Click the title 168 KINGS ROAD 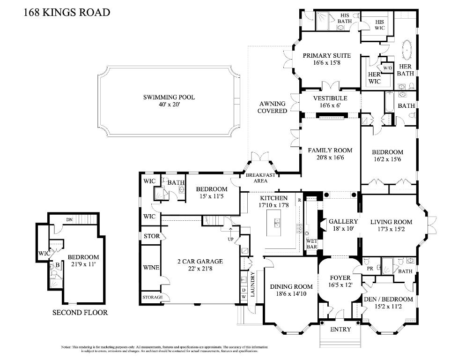[x=66, y=12]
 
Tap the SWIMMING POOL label [x=169, y=97]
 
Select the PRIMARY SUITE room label [x=326, y=55]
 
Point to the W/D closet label [x=387, y=68]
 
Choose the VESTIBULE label [x=330, y=98]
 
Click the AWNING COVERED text [x=272, y=107]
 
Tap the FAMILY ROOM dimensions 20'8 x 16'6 [x=330, y=158]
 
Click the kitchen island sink [x=277, y=222]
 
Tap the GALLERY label [x=343, y=221]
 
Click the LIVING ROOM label [x=391, y=222]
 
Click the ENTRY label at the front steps [x=340, y=330]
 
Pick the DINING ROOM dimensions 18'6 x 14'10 [x=291, y=294]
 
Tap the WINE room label [x=151, y=268]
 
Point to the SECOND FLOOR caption [x=80, y=313]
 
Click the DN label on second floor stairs [x=69, y=219]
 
